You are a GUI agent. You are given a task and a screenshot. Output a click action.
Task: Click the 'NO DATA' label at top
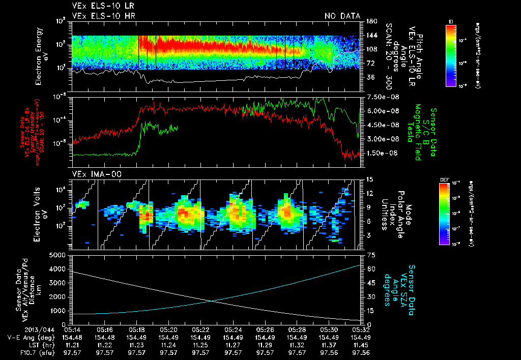coord(342,16)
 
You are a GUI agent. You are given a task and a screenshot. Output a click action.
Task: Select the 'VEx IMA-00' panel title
coord(93,174)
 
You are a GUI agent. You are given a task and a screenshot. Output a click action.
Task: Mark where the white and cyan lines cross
coord(211,301)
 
